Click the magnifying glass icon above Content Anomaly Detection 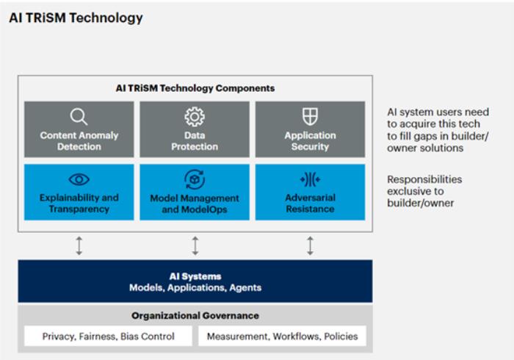(x=79, y=117)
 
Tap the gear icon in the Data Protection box (x=195, y=117)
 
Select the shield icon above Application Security (x=310, y=117)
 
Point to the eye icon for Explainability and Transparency (x=79, y=179)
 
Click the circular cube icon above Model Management (x=195, y=179)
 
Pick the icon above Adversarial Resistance (x=310, y=179)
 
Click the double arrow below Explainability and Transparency (x=79, y=245)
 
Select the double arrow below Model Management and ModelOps (x=195, y=245)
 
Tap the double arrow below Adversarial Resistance (x=310, y=245)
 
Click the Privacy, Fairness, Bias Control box (x=108, y=336)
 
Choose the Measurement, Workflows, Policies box (x=282, y=336)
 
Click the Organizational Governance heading (x=195, y=315)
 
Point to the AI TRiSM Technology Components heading (x=195, y=88)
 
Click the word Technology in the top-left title (x=106, y=18)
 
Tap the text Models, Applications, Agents (x=195, y=287)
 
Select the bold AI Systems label (x=195, y=276)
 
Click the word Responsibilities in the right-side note (x=424, y=179)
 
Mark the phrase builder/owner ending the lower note (x=421, y=203)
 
